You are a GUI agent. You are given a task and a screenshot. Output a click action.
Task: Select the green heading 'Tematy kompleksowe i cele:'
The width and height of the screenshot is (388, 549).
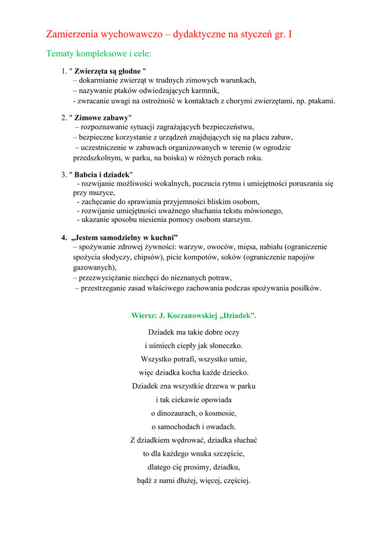(98, 54)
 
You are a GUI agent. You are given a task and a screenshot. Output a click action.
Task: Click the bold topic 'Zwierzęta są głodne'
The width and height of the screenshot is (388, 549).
(107, 71)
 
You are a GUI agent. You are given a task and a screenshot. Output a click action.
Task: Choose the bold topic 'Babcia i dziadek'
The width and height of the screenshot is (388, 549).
(102, 174)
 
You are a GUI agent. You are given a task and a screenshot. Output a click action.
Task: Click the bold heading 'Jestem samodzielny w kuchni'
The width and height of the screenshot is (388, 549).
(124, 237)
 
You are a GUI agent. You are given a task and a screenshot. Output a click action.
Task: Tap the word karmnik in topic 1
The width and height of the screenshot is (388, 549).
(207, 91)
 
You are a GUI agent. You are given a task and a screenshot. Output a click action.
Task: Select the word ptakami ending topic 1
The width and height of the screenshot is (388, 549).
(319, 100)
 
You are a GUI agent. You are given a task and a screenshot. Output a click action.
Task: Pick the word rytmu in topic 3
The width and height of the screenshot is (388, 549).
(229, 183)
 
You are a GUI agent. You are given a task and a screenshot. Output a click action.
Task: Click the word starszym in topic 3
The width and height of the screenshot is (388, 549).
(236, 219)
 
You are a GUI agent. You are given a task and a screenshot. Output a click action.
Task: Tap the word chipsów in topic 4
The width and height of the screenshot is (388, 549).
(149, 257)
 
